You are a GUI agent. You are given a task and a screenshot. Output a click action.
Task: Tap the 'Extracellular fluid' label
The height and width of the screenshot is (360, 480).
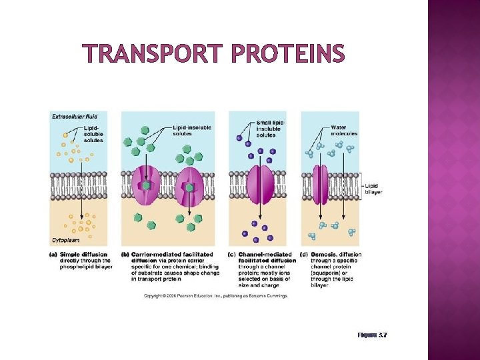click(74, 116)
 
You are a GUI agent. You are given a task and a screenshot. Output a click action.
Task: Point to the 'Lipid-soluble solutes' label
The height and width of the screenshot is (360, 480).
click(93, 134)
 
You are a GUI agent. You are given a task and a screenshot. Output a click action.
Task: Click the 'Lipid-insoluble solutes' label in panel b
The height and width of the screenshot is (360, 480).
click(191, 130)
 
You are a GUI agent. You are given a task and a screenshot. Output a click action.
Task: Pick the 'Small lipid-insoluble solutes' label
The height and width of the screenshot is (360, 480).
click(270, 129)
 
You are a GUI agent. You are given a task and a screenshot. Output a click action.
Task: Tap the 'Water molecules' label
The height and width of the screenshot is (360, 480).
click(344, 130)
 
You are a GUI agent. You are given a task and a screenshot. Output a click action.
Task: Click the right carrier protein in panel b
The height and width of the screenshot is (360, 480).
click(189, 187)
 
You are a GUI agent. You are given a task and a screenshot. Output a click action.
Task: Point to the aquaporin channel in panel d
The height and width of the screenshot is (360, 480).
click(321, 185)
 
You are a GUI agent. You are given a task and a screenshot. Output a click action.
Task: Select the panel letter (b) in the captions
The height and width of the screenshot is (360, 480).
click(125, 254)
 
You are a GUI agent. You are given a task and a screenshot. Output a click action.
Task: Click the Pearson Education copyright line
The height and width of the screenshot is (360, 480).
click(215, 295)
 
